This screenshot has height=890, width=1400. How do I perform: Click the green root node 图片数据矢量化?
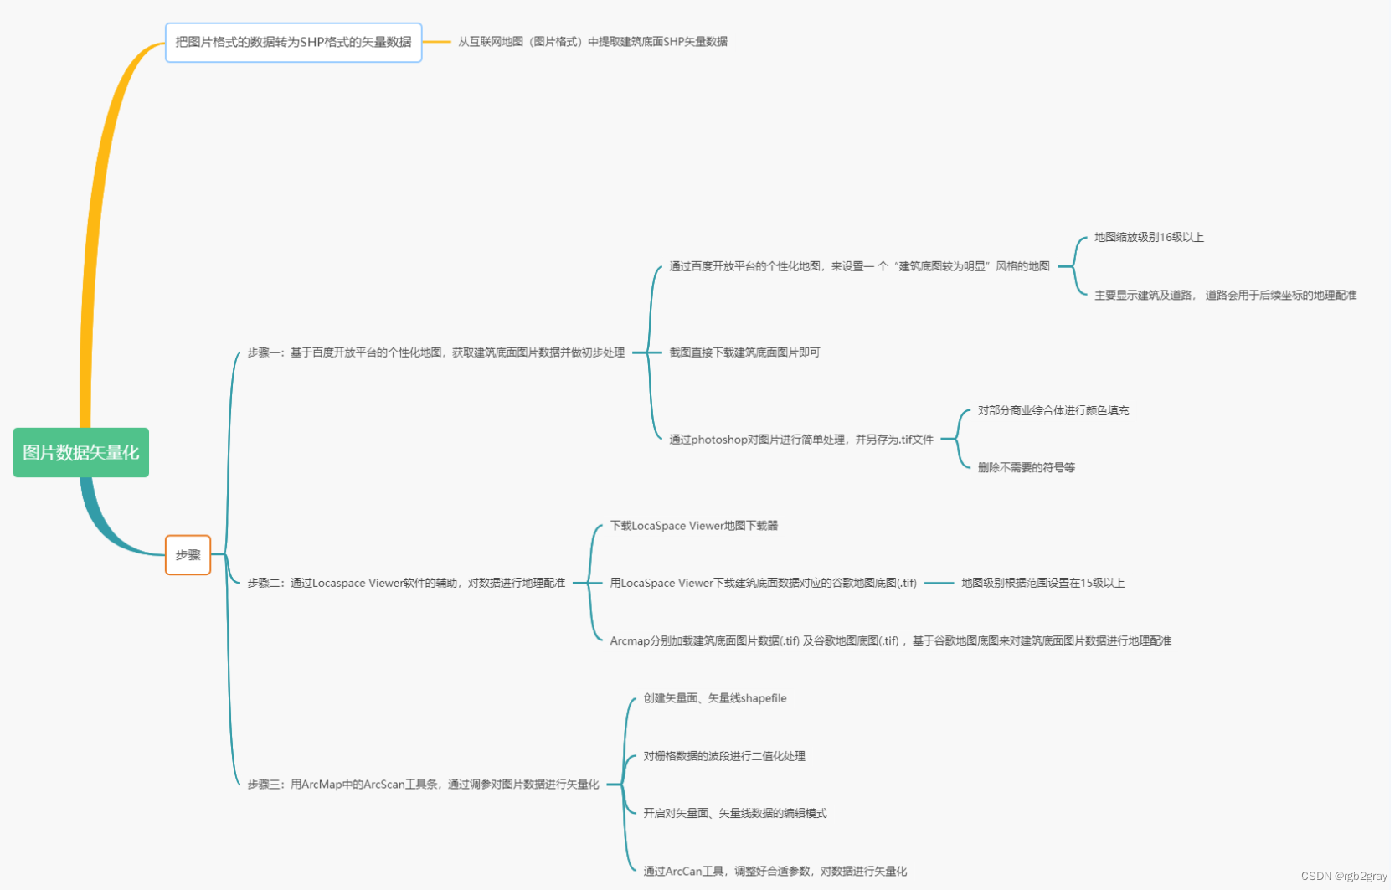click(x=81, y=453)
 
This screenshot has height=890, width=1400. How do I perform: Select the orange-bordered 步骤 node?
click(x=188, y=555)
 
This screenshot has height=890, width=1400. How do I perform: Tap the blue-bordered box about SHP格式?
click(x=293, y=42)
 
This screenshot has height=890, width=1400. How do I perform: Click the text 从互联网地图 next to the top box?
click(x=592, y=42)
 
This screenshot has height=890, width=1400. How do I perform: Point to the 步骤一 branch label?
click(x=435, y=352)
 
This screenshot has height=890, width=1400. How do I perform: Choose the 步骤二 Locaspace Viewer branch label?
click(x=406, y=583)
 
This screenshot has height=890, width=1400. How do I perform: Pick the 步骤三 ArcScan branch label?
click(x=423, y=785)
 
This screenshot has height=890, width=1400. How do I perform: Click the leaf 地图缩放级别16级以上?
click(x=1149, y=238)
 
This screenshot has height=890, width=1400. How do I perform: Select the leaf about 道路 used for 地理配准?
click(x=1225, y=296)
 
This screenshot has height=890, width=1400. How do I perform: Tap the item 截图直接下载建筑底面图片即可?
click(x=744, y=352)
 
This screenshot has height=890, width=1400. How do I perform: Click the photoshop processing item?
click(x=800, y=440)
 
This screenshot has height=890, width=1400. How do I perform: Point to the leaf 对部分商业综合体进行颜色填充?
click(x=1053, y=411)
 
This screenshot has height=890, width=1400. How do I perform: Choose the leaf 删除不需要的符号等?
click(x=1027, y=468)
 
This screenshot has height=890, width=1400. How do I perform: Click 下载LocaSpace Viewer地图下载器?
click(x=694, y=526)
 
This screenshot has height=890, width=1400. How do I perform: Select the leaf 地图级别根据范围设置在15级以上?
click(x=1042, y=583)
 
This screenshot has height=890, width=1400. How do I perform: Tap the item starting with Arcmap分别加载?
click(x=890, y=640)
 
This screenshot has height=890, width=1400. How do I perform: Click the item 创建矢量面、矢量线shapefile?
click(x=714, y=698)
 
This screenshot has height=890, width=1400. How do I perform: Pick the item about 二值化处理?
click(x=724, y=756)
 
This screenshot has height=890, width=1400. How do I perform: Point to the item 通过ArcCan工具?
click(x=775, y=872)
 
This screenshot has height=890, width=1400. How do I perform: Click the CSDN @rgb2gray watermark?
click(x=1344, y=877)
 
